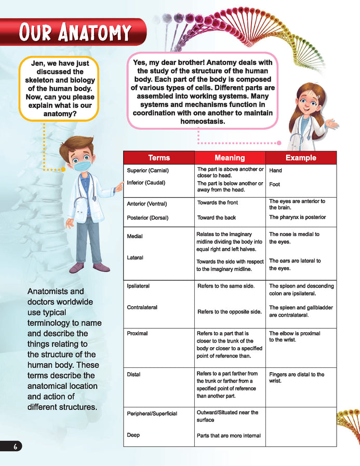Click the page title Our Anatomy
(75, 32)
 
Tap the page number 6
(17, 447)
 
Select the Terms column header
(158, 158)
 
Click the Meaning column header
(230, 158)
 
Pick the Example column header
(301, 158)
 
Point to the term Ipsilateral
(138, 286)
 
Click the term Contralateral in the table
(142, 307)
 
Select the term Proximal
(137, 333)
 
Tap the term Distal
(134, 374)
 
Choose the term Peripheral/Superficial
(152, 413)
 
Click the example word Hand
(275, 170)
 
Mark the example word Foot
(274, 184)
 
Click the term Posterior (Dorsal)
(148, 218)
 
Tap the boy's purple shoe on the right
(101, 267)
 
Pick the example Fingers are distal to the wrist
(296, 377)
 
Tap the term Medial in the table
(135, 237)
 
